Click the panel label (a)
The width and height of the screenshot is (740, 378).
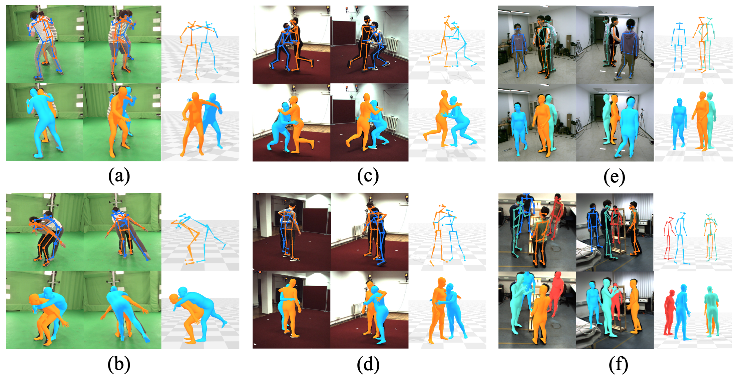tap(119, 176)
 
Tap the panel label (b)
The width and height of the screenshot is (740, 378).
tap(119, 364)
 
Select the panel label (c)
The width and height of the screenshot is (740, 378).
tap(368, 176)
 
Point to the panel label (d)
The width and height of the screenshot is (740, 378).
tap(368, 364)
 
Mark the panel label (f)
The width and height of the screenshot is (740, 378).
tap(618, 364)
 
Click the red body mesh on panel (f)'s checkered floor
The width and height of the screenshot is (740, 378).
tap(669, 313)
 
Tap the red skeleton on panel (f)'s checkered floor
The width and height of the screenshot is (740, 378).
tap(669, 239)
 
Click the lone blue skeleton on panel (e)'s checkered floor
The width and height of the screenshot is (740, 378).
tap(678, 46)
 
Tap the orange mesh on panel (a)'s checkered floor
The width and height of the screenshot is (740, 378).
tap(194, 124)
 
